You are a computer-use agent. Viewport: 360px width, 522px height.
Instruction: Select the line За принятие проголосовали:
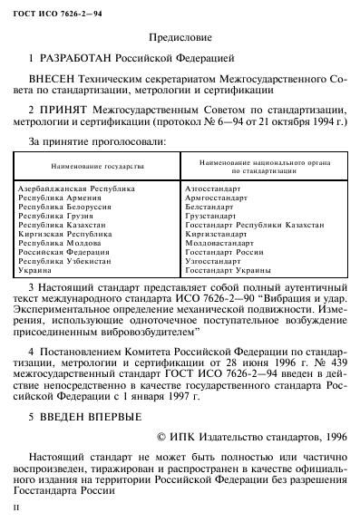(x=98, y=142)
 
